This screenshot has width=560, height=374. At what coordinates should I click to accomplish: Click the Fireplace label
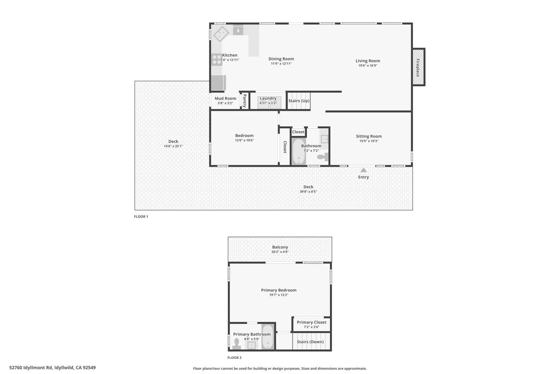pyautogui.click(x=418, y=67)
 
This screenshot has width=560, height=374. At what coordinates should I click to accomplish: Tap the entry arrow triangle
pyautogui.click(x=364, y=170)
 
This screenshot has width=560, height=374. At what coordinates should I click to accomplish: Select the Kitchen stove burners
pyautogui.click(x=217, y=60)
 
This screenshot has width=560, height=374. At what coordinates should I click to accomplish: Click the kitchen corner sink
pyautogui.click(x=221, y=34)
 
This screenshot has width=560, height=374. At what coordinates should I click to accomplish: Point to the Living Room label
pyautogui.click(x=367, y=61)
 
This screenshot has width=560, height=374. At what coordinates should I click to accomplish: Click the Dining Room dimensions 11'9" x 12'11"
pyautogui.click(x=281, y=64)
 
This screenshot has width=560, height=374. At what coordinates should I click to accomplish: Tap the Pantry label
pyautogui.click(x=245, y=101)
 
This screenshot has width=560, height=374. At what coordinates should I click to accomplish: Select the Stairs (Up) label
pyautogui.click(x=299, y=101)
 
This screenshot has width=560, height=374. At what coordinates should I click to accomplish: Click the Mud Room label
pyautogui.click(x=225, y=98)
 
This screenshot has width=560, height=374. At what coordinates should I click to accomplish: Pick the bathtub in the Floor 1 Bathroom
pyautogui.click(x=299, y=152)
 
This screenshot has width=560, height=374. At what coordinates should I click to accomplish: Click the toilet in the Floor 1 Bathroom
pyautogui.click(x=322, y=156)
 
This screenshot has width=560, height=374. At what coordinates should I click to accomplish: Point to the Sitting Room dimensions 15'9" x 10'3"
pyautogui.click(x=369, y=141)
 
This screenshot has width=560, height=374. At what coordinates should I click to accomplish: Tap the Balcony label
pyautogui.click(x=280, y=247)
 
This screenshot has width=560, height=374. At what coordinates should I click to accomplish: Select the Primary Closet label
pyautogui.click(x=311, y=322)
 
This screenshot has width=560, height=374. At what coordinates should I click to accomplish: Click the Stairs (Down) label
pyautogui.click(x=310, y=342)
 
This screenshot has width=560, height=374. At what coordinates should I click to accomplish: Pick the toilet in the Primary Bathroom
pyautogui.click(x=237, y=344)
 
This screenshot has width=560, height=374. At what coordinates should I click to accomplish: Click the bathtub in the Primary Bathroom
pyautogui.click(x=268, y=337)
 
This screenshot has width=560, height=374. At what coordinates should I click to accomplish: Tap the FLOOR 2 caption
pyautogui.click(x=234, y=358)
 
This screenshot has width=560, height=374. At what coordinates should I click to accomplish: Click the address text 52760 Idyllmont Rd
pyautogui.click(x=31, y=368)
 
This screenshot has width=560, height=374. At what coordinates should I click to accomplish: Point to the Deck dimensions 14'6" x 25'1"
pyautogui.click(x=173, y=146)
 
